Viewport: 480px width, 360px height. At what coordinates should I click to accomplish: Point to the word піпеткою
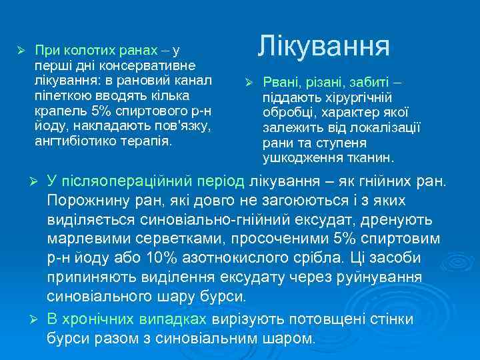[x=57, y=96]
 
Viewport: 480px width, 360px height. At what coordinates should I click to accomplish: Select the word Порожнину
[x=86, y=201]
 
